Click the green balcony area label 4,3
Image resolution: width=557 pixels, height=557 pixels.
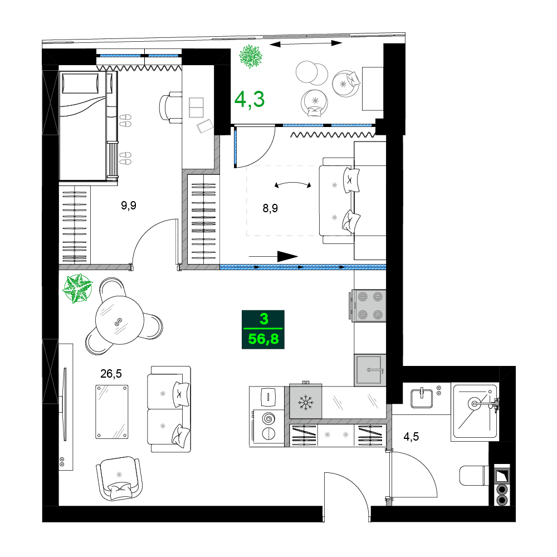click(249, 99)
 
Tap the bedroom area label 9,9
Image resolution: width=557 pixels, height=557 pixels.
click(129, 206)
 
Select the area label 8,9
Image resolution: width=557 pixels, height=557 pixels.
click(270, 208)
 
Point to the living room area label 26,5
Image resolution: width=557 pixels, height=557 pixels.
click(111, 373)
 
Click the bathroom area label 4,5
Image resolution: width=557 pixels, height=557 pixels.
click(411, 436)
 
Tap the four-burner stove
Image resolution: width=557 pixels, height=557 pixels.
click(368, 305)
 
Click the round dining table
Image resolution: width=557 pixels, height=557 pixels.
click(119, 320)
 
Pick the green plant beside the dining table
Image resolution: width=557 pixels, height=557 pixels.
click(76, 289)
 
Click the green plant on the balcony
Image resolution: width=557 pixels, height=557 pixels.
click(251, 56)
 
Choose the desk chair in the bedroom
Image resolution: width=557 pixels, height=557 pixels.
click(170, 106)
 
